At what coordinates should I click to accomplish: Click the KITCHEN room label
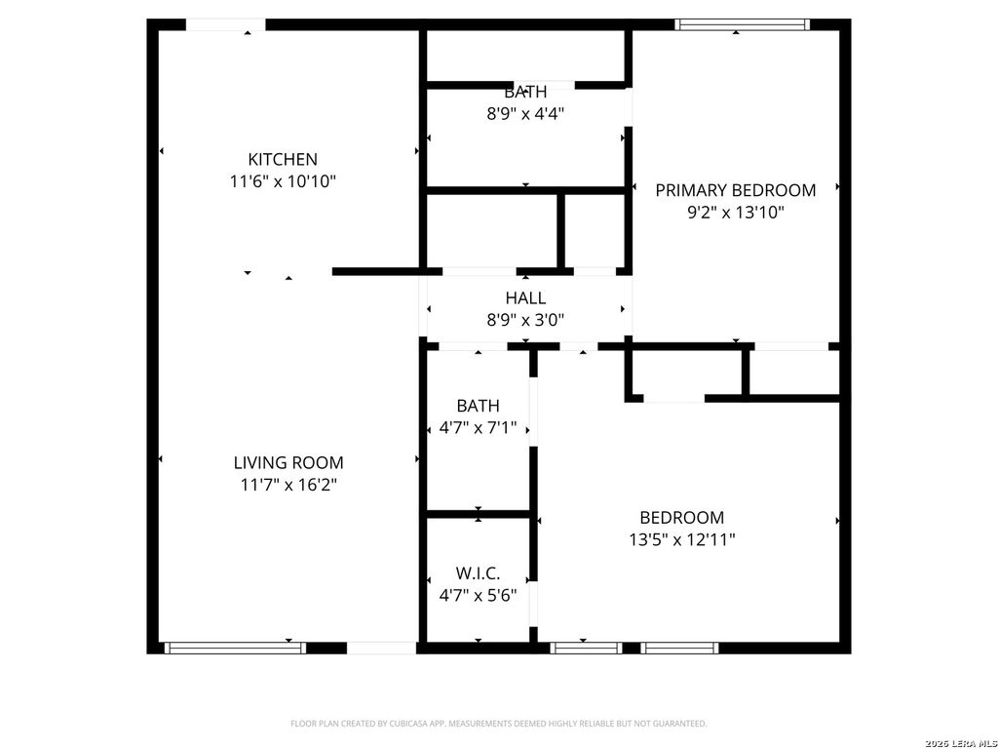tap(283, 159)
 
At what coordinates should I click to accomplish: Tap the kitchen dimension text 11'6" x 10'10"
tap(283, 180)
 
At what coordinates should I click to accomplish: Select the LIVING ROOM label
tap(288, 463)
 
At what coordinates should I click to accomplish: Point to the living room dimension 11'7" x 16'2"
tap(288, 485)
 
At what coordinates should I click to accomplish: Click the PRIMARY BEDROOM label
tap(735, 190)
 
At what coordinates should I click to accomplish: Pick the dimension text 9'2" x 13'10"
tap(735, 212)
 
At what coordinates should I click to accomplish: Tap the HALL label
tap(525, 298)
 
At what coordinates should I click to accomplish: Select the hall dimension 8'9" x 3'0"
tap(525, 319)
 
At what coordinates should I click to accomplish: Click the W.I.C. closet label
tap(478, 573)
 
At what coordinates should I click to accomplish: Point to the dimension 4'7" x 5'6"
tap(478, 594)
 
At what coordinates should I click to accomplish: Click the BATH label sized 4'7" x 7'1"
tap(478, 406)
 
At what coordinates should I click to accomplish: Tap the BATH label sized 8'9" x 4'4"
tap(525, 93)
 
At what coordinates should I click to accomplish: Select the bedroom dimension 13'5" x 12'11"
tap(681, 539)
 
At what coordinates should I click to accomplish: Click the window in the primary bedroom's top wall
tap(743, 25)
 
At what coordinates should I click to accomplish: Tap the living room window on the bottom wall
tap(234, 648)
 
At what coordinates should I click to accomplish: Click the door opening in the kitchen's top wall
tap(225, 25)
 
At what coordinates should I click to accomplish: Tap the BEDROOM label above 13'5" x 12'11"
tap(681, 518)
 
